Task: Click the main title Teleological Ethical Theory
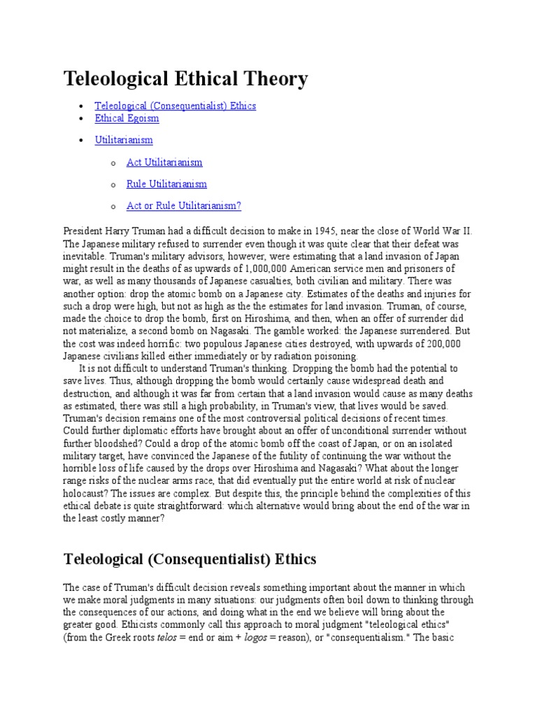pos(185,79)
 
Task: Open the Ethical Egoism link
pos(127,118)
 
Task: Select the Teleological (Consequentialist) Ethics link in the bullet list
pos(176,106)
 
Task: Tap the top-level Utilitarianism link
pos(124,140)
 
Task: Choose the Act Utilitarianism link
pos(164,162)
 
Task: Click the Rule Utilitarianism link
pos(166,184)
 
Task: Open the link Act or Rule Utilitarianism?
pos(184,206)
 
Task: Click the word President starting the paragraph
pos(83,231)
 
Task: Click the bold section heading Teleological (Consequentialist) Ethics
pos(190,559)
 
